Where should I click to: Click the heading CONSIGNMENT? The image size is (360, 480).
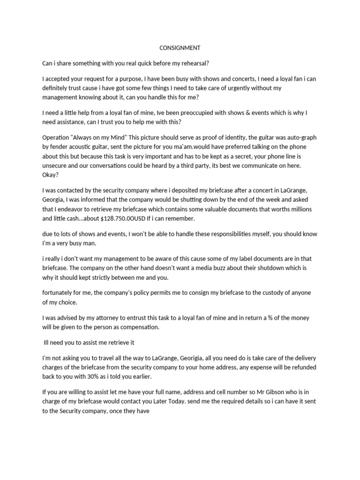point(180,47)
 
